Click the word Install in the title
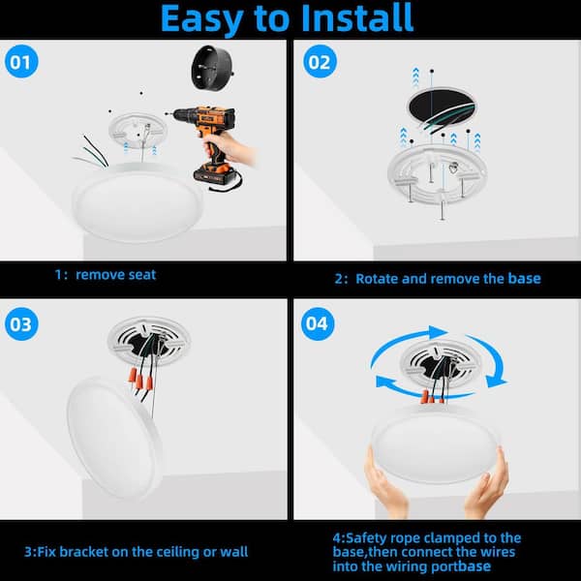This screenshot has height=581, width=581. pyautogui.click(x=357, y=17)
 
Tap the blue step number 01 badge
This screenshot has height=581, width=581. pyautogui.click(x=21, y=62)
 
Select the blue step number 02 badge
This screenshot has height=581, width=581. pyautogui.click(x=320, y=62)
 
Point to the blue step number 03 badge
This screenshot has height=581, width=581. pyautogui.click(x=21, y=323)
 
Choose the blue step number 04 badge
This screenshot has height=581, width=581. pyautogui.click(x=318, y=323)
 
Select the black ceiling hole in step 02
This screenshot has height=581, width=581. pyautogui.click(x=442, y=107)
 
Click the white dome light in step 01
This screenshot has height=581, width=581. pyautogui.click(x=138, y=202)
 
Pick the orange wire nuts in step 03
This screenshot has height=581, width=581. pyautogui.click(x=140, y=380)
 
